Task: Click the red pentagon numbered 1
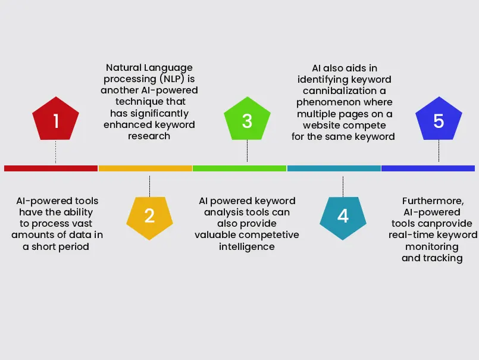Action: pyautogui.click(x=56, y=121)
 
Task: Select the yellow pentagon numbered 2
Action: pyautogui.click(x=149, y=215)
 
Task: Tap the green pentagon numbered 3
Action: pyautogui.click(x=247, y=121)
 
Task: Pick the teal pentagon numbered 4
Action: pyautogui.click(x=343, y=215)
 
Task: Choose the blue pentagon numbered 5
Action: pyautogui.click(x=439, y=121)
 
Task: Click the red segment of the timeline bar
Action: pyautogui.click(x=51, y=168)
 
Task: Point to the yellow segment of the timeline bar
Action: pyautogui.click(x=145, y=168)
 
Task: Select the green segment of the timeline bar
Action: pyautogui.click(x=239, y=168)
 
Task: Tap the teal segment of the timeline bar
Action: pyautogui.click(x=334, y=168)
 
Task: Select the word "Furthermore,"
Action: pyautogui.click(x=432, y=201)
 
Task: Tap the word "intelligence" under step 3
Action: pyautogui.click(x=246, y=246)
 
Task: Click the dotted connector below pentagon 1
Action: pyautogui.click(x=56, y=152)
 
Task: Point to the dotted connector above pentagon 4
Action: pyautogui.click(x=343, y=186)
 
